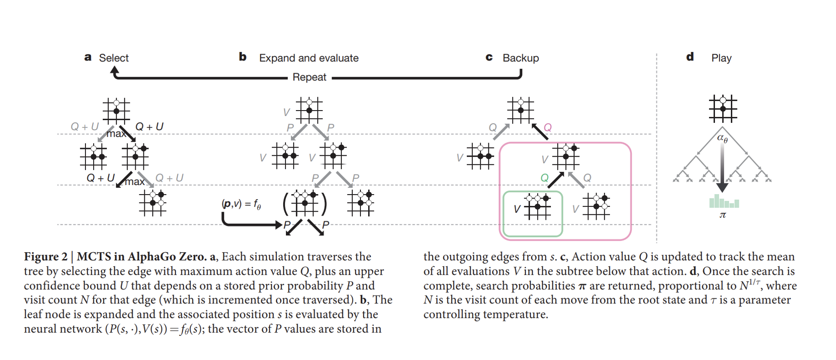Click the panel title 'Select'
coord(114,58)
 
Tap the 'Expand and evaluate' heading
coord(309,58)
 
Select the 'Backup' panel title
coord(521,58)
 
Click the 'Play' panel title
coord(721,58)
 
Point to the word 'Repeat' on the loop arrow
coord(309,77)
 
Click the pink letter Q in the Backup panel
coord(548,127)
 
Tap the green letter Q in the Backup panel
coord(545,178)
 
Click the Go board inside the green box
coord(537,206)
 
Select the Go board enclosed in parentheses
coord(305,203)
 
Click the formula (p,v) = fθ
coord(241,204)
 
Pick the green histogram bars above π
coord(724,201)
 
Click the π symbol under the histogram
coord(723,215)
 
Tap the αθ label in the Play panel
coord(722,138)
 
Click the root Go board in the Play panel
coord(723,109)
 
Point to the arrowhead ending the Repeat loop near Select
coord(115,70)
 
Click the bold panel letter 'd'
coord(690,57)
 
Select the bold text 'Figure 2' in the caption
coord(46,257)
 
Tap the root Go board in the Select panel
coord(116,111)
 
